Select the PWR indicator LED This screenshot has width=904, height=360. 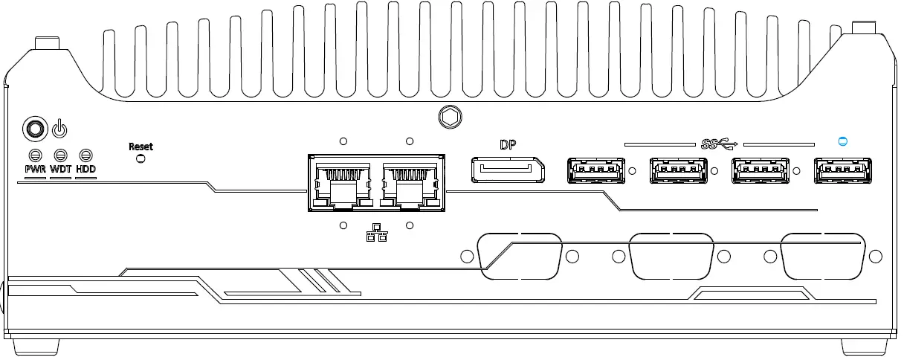(35, 155)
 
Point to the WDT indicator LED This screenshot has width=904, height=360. (62, 155)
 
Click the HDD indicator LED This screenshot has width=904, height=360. (86, 155)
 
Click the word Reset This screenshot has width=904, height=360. (141, 147)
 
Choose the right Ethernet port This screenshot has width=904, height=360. (408, 185)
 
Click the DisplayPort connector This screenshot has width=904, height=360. (507, 170)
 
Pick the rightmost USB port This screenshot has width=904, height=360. (842, 171)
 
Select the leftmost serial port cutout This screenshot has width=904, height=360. (520, 255)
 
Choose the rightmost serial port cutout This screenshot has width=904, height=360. (822, 255)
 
